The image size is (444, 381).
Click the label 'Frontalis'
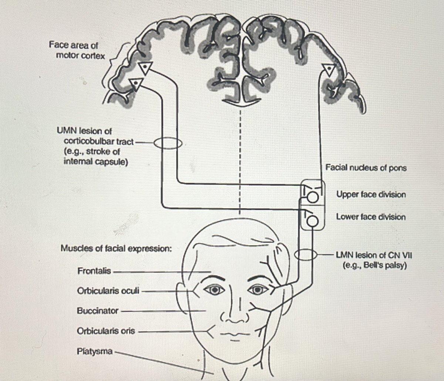pyautogui.click(x=94, y=271)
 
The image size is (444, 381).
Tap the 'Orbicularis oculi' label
pyautogui.click(x=108, y=291)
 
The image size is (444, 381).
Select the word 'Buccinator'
pyautogui.click(x=98, y=311)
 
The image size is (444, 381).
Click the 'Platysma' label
pyautogui.click(x=95, y=351)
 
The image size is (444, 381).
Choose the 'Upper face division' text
pyautogui.click(x=371, y=194)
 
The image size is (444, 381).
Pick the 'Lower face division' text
pyautogui.click(x=371, y=217)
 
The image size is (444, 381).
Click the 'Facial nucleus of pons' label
pyautogui.click(x=366, y=168)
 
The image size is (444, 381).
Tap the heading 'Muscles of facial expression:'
pyautogui.click(x=116, y=248)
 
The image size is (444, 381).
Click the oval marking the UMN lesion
pyautogui.click(x=168, y=142)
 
